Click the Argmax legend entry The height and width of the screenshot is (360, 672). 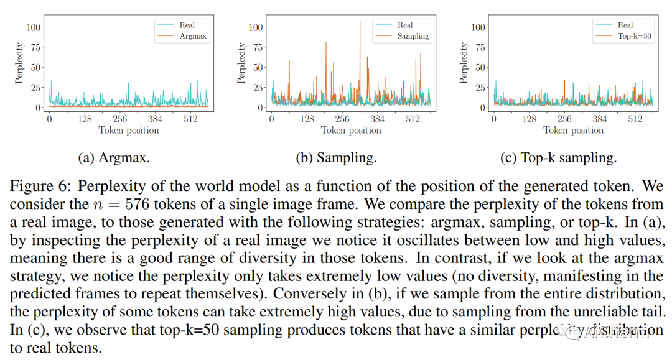pos(193,36)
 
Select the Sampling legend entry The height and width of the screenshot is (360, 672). pos(413,36)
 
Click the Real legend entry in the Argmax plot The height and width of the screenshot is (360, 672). pos(187,25)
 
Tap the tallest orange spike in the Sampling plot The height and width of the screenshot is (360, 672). pos(360,23)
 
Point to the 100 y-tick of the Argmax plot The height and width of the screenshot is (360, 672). pos(34,27)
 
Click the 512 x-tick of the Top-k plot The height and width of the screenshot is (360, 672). pos(635,119)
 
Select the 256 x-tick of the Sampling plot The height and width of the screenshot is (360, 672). pos(342,119)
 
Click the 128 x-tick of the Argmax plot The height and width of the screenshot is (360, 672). pos(84,119)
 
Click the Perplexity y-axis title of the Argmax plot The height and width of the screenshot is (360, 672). pos(19,63)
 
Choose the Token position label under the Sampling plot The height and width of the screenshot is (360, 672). pos(351,131)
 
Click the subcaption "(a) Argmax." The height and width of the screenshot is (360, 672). pos(114,158)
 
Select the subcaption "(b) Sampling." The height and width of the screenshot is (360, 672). pos(336,158)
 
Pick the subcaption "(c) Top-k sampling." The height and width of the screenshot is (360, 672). pos(558,158)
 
